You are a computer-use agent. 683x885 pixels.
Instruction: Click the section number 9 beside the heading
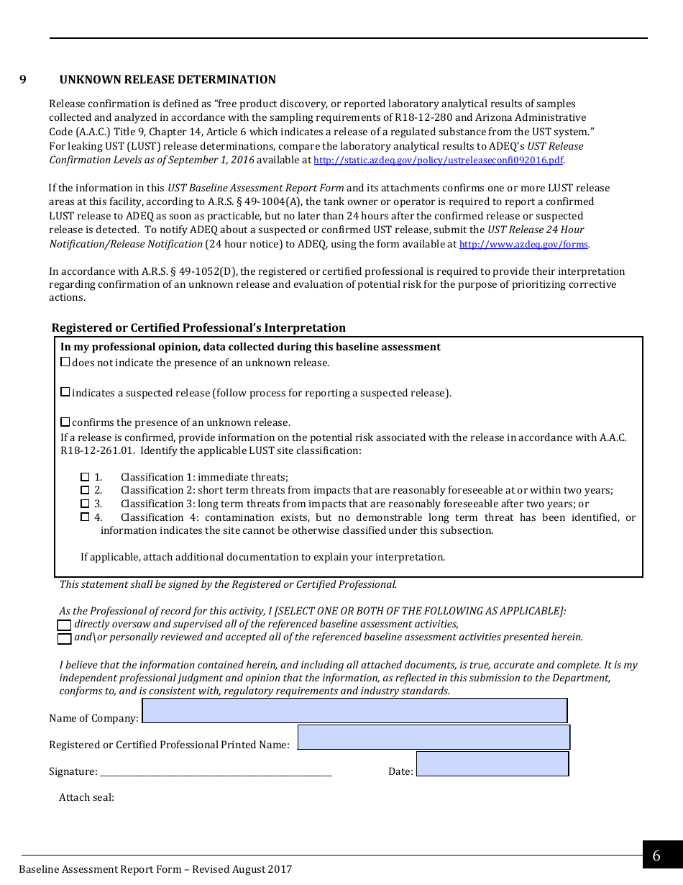coord(23,80)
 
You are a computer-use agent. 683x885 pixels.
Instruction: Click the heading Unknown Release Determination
coord(168,80)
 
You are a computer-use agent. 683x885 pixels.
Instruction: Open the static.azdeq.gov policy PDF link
coord(439,160)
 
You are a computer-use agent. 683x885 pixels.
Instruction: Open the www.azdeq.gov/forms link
coord(524,245)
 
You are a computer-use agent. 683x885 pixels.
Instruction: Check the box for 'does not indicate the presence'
coord(65,362)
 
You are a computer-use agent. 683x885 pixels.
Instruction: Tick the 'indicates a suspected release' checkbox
coord(65,392)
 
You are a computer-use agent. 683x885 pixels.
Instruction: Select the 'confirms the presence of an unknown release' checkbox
coord(65,422)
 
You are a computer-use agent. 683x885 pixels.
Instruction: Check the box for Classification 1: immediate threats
coord(85,477)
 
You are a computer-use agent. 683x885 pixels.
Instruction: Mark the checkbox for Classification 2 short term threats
coord(85,490)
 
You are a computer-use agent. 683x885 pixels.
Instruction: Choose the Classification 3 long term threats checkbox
coord(85,504)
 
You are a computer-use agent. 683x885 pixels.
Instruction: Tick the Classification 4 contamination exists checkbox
coord(85,517)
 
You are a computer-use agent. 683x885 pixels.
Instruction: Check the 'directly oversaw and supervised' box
coord(65,625)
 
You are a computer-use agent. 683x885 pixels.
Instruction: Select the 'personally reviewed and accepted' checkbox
coord(65,638)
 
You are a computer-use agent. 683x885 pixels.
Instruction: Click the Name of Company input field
coord(354,711)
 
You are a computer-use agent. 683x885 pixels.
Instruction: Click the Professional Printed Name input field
coord(434,737)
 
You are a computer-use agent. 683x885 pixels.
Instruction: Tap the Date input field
coord(492,764)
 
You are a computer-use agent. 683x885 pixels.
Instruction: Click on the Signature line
coord(216,772)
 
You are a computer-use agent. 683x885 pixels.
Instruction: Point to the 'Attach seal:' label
coord(87,797)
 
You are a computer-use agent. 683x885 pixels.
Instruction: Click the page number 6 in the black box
coord(656,855)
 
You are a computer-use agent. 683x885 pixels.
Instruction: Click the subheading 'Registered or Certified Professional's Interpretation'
coord(198,328)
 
